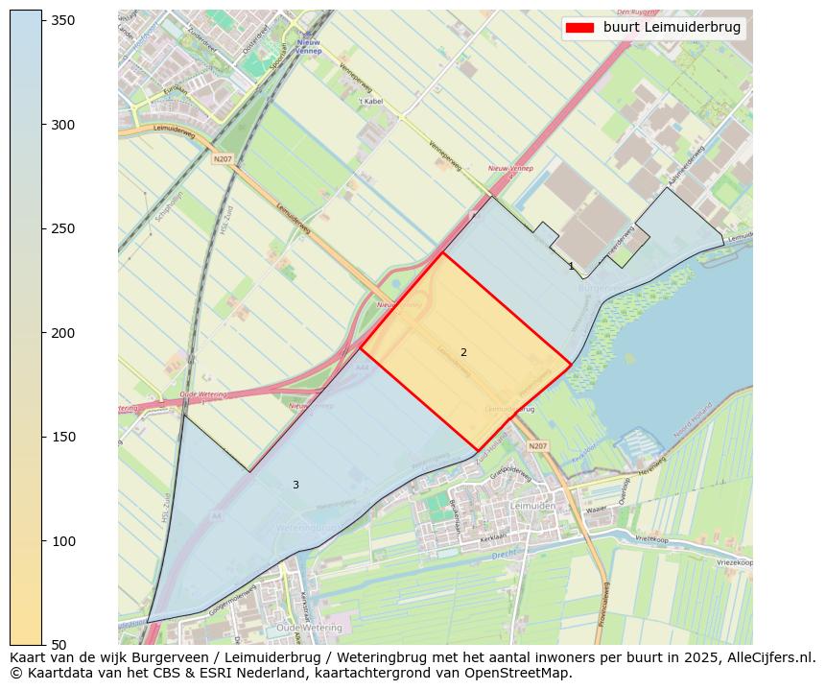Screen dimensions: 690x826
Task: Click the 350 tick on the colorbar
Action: (63, 20)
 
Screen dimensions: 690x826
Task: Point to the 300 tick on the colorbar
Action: (63, 125)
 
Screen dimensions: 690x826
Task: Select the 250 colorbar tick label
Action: (63, 228)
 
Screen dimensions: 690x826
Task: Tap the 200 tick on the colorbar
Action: (63, 333)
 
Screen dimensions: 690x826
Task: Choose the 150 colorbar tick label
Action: (63, 437)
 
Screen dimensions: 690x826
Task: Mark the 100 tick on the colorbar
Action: (63, 541)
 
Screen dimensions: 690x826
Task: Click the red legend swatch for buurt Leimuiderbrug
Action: (580, 28)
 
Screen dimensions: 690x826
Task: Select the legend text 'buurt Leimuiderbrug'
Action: (672, 28)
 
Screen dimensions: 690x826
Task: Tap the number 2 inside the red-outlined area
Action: (463, 353)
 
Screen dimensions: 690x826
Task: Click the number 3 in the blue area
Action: (295, 486)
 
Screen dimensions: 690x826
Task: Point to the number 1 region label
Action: (571, 267)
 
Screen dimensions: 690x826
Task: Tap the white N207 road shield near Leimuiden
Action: (537, 446)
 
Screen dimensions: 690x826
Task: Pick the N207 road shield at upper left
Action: (223, 158)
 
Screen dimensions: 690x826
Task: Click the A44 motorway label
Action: (362, 368)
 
